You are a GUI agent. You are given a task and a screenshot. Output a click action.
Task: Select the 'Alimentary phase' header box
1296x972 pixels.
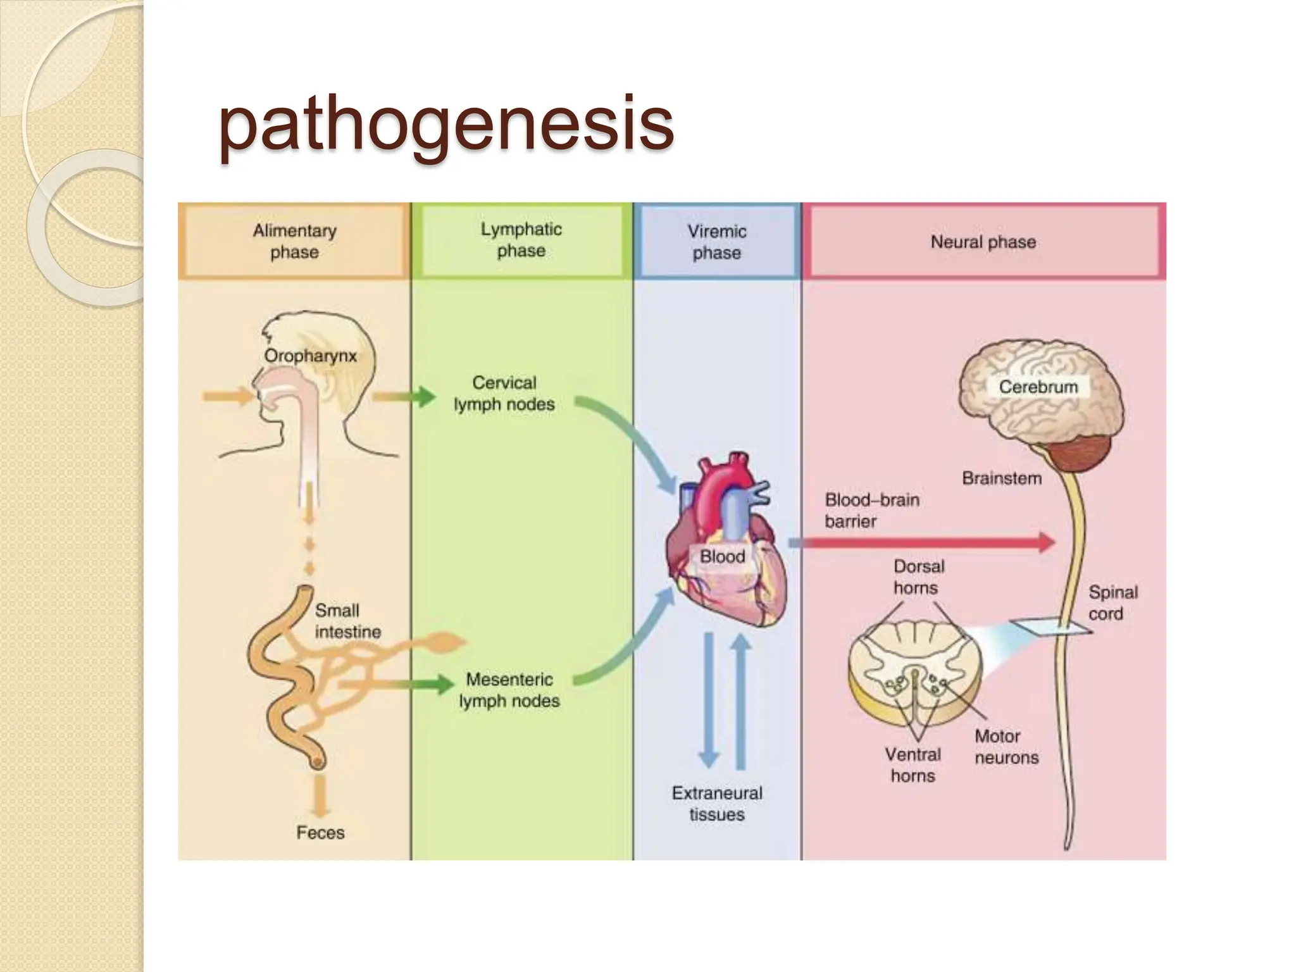[294, 241]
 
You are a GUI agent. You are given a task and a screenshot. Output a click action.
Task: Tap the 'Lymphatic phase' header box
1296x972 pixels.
[521, 240]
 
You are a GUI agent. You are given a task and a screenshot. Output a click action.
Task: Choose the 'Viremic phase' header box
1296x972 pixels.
[717, 241]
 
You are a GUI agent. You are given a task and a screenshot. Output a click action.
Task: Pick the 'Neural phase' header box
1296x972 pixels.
[984, 241]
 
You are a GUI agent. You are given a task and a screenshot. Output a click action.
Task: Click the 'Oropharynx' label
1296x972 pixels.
[310, 356]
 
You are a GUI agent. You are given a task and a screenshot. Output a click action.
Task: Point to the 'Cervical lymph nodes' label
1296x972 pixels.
[504, 393]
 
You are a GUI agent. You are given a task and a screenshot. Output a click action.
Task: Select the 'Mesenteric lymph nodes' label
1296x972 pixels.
[509, 690]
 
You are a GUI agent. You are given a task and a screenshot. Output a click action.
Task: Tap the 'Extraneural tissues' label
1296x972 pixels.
[717, 804]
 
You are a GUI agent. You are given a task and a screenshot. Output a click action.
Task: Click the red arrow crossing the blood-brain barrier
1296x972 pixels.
[921, 542]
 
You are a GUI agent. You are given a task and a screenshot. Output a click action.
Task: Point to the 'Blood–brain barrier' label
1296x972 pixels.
[872, 510]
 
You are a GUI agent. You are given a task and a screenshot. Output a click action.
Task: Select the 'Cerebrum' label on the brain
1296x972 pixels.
[1038, 387]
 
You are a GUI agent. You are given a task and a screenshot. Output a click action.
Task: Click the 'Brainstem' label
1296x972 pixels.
[1002, 478]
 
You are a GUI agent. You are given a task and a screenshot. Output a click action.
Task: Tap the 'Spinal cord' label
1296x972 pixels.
[1113, 602]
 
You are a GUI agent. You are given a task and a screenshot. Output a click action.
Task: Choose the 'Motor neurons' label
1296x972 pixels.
[1007, 747]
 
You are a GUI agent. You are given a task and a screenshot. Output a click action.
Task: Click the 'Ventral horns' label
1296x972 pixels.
[913, 765]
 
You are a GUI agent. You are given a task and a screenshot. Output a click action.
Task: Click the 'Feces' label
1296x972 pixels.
[320, 832]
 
